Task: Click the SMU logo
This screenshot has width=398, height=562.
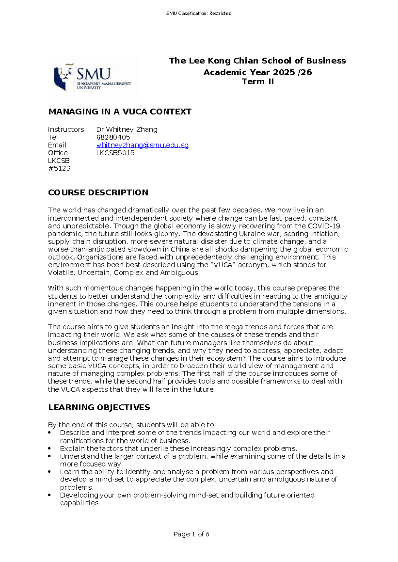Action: coord(94,77)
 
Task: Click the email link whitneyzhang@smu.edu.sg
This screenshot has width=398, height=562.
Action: coord(142,145)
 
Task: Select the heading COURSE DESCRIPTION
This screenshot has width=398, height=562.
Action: coord(98,193)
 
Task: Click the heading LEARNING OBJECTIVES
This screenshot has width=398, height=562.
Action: coord(99,407)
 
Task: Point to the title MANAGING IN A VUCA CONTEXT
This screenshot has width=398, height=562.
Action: coord(120,112)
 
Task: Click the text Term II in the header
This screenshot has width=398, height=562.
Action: coord(258,82)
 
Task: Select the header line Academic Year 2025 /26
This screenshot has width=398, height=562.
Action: coord(258,72)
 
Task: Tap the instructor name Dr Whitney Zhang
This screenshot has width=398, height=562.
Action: coord(127,129)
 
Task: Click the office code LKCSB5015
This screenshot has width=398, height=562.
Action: coord(115,153)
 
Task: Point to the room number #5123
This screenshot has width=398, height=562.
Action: coord(59,168)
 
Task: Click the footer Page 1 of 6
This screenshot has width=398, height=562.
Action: coord(191,534)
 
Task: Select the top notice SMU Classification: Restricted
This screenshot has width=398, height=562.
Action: coord(199,13)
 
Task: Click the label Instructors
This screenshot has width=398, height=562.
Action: coord(66,129)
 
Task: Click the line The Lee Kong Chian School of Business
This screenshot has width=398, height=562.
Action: coord(257,61)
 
